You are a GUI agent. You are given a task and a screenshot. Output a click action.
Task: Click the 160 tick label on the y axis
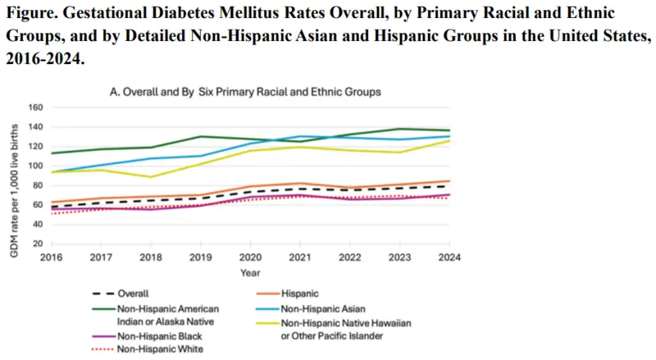coord(35,107)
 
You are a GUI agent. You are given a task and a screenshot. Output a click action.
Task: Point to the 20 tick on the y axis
coord(38,244)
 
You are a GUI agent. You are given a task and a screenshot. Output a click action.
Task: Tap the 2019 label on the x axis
coord(200,257)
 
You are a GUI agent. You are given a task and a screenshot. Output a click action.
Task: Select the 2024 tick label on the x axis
coord(449,257)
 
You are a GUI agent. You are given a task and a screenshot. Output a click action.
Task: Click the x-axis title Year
coord(250,273)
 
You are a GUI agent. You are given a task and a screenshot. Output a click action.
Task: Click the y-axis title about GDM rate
coord(14,191)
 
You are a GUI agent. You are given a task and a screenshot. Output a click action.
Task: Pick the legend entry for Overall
coord(121,294)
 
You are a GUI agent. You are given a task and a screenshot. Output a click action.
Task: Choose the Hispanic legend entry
coord(288,294)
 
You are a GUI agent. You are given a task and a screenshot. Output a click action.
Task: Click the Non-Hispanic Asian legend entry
coord(311,309)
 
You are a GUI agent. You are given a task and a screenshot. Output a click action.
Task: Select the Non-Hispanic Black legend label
coord(147,336)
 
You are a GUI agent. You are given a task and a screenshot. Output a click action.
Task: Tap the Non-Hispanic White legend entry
coord(148,349)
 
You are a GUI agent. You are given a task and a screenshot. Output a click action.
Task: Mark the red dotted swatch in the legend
coord(103,349)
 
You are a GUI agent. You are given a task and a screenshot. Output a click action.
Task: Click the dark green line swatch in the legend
coord(103,309)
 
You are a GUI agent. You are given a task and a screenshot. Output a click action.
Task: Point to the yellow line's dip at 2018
coord(151,176)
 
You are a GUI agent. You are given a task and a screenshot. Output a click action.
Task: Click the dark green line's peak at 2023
coord(399,129)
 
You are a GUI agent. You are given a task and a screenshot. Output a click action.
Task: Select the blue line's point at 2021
coord(300,136)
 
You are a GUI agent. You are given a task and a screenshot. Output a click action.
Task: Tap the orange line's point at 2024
coord(449,181)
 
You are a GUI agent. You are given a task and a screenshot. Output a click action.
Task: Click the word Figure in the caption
coord(32,13)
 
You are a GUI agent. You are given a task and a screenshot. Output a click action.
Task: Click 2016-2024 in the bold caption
coord(45,58)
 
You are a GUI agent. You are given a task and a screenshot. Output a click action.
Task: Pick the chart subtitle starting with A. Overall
coord(245,92)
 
